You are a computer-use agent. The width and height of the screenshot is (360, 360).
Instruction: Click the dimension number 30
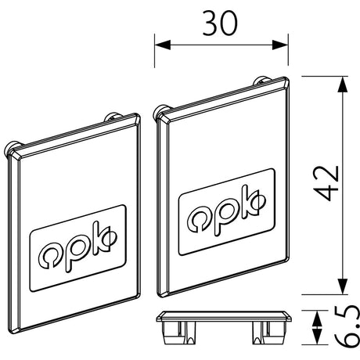[x=220, y=23]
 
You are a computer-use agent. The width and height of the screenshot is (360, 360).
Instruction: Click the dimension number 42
[x=326, y=183]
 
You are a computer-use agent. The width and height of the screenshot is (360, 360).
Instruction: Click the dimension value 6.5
[x=347, y=326]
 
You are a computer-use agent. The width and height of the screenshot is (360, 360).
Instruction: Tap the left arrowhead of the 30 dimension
[x=163, y=45]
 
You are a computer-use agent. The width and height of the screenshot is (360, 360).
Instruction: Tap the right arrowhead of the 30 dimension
[x=280, y=45]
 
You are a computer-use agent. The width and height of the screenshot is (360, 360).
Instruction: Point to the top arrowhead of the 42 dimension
[x=343, y=85]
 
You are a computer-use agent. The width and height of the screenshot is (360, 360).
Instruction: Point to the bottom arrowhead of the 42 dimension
[x=343, y=286]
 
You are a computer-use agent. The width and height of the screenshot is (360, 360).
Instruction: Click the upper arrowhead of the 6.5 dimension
[x=317, y=317]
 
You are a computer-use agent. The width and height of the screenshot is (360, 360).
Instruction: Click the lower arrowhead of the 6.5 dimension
[x=317, y=337]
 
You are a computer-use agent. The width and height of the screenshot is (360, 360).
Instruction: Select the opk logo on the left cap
[x=77, y=248]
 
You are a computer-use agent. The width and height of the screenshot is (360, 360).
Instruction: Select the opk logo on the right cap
[x=227, y=212]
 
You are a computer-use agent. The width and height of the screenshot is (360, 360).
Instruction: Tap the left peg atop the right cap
[x=162, y=111]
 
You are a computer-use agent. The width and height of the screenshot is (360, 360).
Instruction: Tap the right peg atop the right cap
[x=262, y=80]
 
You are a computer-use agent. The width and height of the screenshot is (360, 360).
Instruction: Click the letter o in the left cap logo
[x=50, y=257]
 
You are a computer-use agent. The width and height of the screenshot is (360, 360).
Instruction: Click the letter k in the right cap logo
[x=254, y=201]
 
